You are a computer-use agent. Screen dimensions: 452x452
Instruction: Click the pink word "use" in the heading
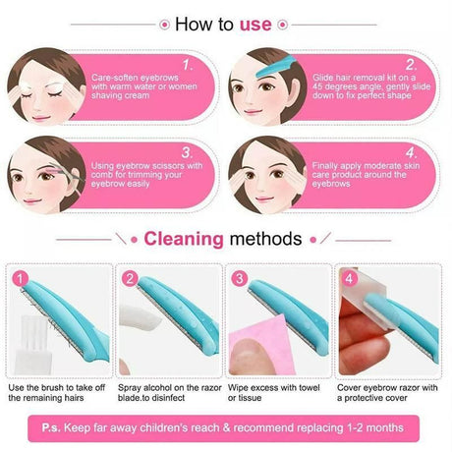255,25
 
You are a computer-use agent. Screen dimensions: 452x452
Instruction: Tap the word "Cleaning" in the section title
184,239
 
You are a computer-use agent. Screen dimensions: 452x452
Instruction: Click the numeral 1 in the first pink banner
187,65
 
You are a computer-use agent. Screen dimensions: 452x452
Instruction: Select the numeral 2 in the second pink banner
411,65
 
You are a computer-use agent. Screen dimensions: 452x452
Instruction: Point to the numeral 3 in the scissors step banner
188,152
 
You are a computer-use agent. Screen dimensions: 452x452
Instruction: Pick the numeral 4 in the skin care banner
411,153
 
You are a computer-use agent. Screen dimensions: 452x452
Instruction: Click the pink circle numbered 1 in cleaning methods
21,279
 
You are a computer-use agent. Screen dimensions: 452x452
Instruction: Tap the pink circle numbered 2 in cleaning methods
130,279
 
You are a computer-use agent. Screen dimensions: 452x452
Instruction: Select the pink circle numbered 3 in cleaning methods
240,279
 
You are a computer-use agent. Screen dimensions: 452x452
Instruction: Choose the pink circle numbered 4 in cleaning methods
349,279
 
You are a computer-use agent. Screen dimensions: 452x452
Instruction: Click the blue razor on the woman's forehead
275,67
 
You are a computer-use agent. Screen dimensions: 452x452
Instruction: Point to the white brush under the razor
32,345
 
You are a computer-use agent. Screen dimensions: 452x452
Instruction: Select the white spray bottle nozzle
140,317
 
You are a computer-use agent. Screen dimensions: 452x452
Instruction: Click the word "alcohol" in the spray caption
157,388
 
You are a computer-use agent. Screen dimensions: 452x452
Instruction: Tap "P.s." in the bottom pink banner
51,427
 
